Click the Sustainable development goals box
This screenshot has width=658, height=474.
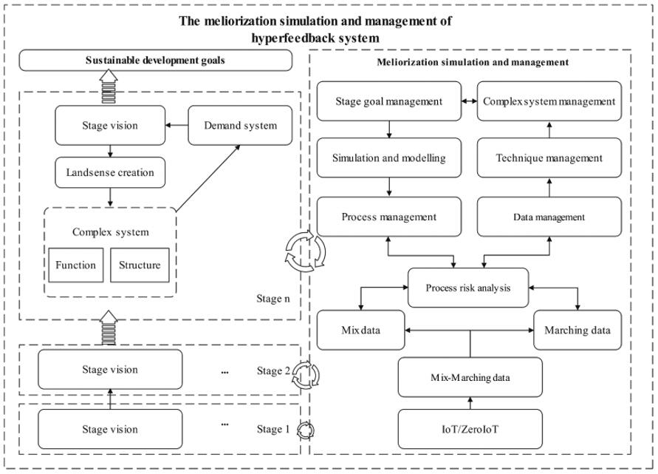click(x=155, y=60)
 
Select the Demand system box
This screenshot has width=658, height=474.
click(x=241, y=126)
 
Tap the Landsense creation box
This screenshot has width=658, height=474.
click(x=110, y=172)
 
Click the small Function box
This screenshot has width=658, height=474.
click(x=75, y=265)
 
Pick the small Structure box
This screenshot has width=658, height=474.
click(x=140, y=265)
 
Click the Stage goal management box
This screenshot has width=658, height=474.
click(x=388, y=101)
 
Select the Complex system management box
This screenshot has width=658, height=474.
click(x=549, y=101)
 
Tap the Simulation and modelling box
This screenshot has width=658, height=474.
click(x=388, y=158)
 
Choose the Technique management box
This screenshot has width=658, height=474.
click(x=549, y=158)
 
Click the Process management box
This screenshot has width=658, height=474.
click(x=388, y=217)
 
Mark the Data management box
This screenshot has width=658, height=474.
click(x=549, y=217)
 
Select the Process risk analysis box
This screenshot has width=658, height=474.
click(x=468, y=288)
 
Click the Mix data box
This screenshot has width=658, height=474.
click(x=361, y=330)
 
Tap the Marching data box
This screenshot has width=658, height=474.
click(x=578, y=330)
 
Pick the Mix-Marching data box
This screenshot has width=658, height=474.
click(x=470, y=377)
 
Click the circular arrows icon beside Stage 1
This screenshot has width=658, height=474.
click(x=305, y=430)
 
